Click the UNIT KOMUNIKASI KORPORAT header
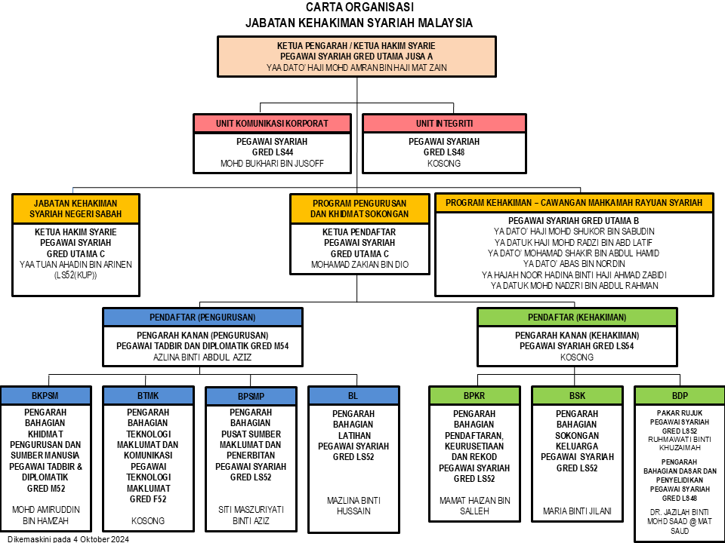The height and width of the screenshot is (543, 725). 272,124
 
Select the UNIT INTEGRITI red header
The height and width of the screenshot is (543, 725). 444,124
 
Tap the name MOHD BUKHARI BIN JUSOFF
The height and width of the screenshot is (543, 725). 272,164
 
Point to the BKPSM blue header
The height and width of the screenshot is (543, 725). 45,396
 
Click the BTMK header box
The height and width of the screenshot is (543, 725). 148,396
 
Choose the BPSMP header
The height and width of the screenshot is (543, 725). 251,396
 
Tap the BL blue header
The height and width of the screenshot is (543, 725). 353,396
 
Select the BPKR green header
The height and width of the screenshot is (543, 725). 474,396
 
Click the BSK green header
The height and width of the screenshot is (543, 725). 577,396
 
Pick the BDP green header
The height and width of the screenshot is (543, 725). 680,396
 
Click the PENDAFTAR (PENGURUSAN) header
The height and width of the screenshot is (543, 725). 202,318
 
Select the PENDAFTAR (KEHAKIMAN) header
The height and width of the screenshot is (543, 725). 577,318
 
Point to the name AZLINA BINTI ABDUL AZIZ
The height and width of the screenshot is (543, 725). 202,357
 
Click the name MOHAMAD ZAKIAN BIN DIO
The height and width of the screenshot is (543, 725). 359,265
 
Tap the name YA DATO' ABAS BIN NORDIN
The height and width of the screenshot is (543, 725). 574,264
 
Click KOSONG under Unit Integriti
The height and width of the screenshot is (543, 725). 444,164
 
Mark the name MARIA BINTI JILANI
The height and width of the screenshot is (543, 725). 577,511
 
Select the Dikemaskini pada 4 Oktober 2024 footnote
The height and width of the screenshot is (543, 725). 69,538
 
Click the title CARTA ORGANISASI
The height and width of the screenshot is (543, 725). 359,7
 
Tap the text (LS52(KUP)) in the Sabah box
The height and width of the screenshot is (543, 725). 76,275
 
